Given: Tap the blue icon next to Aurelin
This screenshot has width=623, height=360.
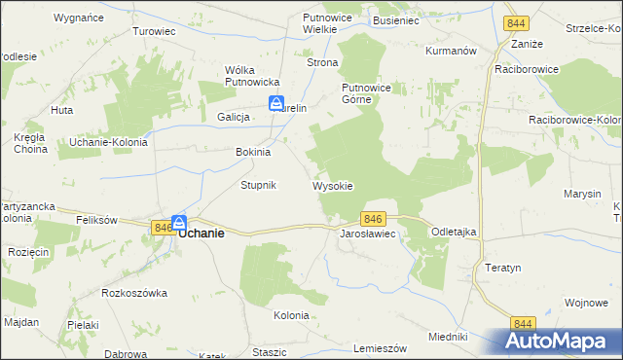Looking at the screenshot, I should click(x=276, y=104).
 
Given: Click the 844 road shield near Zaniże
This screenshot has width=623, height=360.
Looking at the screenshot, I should click(x=515, y=23).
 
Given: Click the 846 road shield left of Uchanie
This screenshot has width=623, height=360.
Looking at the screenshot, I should click(x=162, y=227).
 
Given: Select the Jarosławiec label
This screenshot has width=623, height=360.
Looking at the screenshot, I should click(x=366, y=234).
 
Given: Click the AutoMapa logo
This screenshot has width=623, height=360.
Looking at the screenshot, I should click(x=559, y=341).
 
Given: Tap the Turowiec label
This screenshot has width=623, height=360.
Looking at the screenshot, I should click(x=154, y=31).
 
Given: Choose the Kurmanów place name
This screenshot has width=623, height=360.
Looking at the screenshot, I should click(x=450, y=50).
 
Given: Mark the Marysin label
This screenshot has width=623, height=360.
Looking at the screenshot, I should click(x=582, y=194).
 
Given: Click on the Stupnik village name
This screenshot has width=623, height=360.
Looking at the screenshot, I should click(x=259, y=185).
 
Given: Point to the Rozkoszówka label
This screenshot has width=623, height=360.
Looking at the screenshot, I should click(x=134, y=292).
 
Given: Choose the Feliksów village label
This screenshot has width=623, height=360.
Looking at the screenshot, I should click(x=96, y=221).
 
